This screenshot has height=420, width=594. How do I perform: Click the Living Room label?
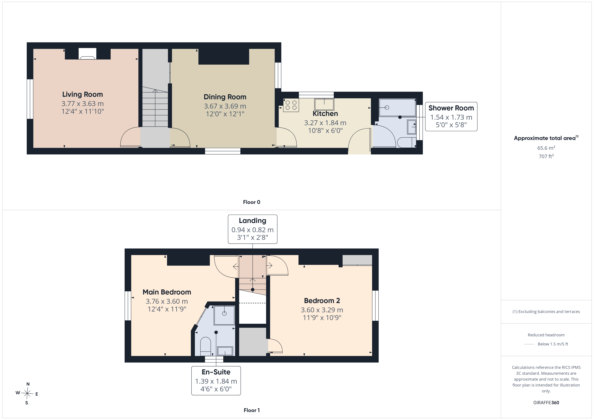[82, 94]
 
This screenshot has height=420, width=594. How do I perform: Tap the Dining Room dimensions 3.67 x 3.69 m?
[225, 106]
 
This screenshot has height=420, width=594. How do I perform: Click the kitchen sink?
[324, 104]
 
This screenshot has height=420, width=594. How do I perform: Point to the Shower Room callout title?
[451, 108]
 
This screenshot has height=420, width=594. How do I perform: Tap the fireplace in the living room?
[87, 54]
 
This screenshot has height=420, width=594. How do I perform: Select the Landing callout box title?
[253, 221]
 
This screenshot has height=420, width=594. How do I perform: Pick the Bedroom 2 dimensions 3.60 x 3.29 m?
[322, 310]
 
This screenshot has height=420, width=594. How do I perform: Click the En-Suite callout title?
[216, 372]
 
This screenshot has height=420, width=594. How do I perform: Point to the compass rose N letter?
[28, 384]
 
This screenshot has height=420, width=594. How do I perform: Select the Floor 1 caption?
[252, 410]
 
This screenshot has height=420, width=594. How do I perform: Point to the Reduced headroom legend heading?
[546, 335]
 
